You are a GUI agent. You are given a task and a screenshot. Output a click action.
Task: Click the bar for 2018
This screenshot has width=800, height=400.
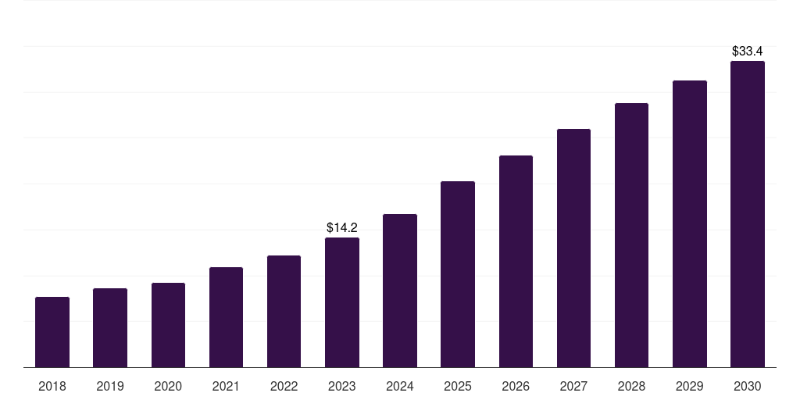click(x=52, y=332)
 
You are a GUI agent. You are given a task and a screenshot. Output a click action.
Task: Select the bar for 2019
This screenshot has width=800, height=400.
click(x=110, y=328)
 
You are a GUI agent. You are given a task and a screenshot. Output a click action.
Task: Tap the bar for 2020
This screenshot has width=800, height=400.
click(x=169, y=325)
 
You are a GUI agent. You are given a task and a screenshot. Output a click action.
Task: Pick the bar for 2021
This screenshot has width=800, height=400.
click(x=226, y=317)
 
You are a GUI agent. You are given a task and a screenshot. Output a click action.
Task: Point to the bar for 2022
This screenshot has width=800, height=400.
click(x=284, y=311)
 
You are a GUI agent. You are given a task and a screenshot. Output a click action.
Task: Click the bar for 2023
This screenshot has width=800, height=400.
click(x=342, y=302)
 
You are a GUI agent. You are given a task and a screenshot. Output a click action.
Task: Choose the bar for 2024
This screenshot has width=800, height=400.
click(x=400, y=291)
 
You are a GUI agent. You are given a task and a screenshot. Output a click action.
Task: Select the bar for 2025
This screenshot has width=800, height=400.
click(x=458, y=274)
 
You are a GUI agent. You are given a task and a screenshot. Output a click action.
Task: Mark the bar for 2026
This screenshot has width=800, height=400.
click(x=516, y=261)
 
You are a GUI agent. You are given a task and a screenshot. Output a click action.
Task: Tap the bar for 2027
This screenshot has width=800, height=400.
click(x=573, y=248)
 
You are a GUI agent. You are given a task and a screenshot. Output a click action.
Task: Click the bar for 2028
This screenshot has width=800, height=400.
click(x=631, y=235)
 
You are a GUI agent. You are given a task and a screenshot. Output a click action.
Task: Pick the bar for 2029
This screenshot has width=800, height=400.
click(x=690, y=224)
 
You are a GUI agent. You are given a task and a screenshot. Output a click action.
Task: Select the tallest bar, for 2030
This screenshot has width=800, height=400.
click(x=748, y=214)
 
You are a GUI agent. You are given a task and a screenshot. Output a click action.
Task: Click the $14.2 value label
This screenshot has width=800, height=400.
click(x=342, y=227)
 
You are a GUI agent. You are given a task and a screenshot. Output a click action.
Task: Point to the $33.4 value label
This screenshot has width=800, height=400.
click(x=748, y=51)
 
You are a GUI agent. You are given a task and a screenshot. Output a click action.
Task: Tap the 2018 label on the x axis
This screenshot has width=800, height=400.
click(x=52, y=386)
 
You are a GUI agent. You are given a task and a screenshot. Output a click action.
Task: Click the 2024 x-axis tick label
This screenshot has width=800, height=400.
click(x=400, y=386)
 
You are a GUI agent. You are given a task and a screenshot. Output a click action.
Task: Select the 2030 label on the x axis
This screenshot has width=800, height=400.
click(x=748, y=386)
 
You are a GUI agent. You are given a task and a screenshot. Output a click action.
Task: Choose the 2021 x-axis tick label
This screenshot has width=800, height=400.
click(x=226, y=386)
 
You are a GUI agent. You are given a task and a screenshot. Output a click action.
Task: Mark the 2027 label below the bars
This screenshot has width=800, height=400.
click(x=573, y=386)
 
